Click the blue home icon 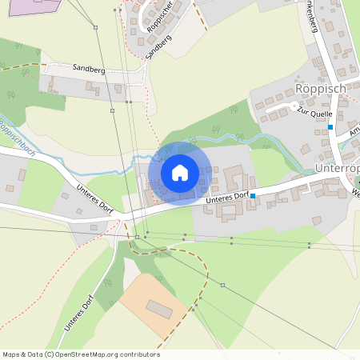point(180,173)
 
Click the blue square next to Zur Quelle point(330,127)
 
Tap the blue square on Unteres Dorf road point(253,195)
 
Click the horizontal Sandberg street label point(89,70)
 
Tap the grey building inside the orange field point(159,309)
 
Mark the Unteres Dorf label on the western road point(97,198)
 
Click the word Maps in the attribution point(12,354)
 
